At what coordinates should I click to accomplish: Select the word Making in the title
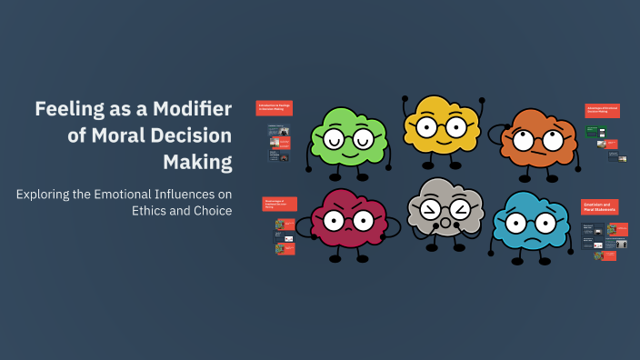[197, 162]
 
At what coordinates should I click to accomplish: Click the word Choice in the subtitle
[209, 211]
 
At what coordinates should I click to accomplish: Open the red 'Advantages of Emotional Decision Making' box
[602, 111]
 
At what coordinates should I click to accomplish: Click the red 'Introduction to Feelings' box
[274, 108]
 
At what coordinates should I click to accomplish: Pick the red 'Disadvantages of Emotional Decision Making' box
[279, 204]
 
